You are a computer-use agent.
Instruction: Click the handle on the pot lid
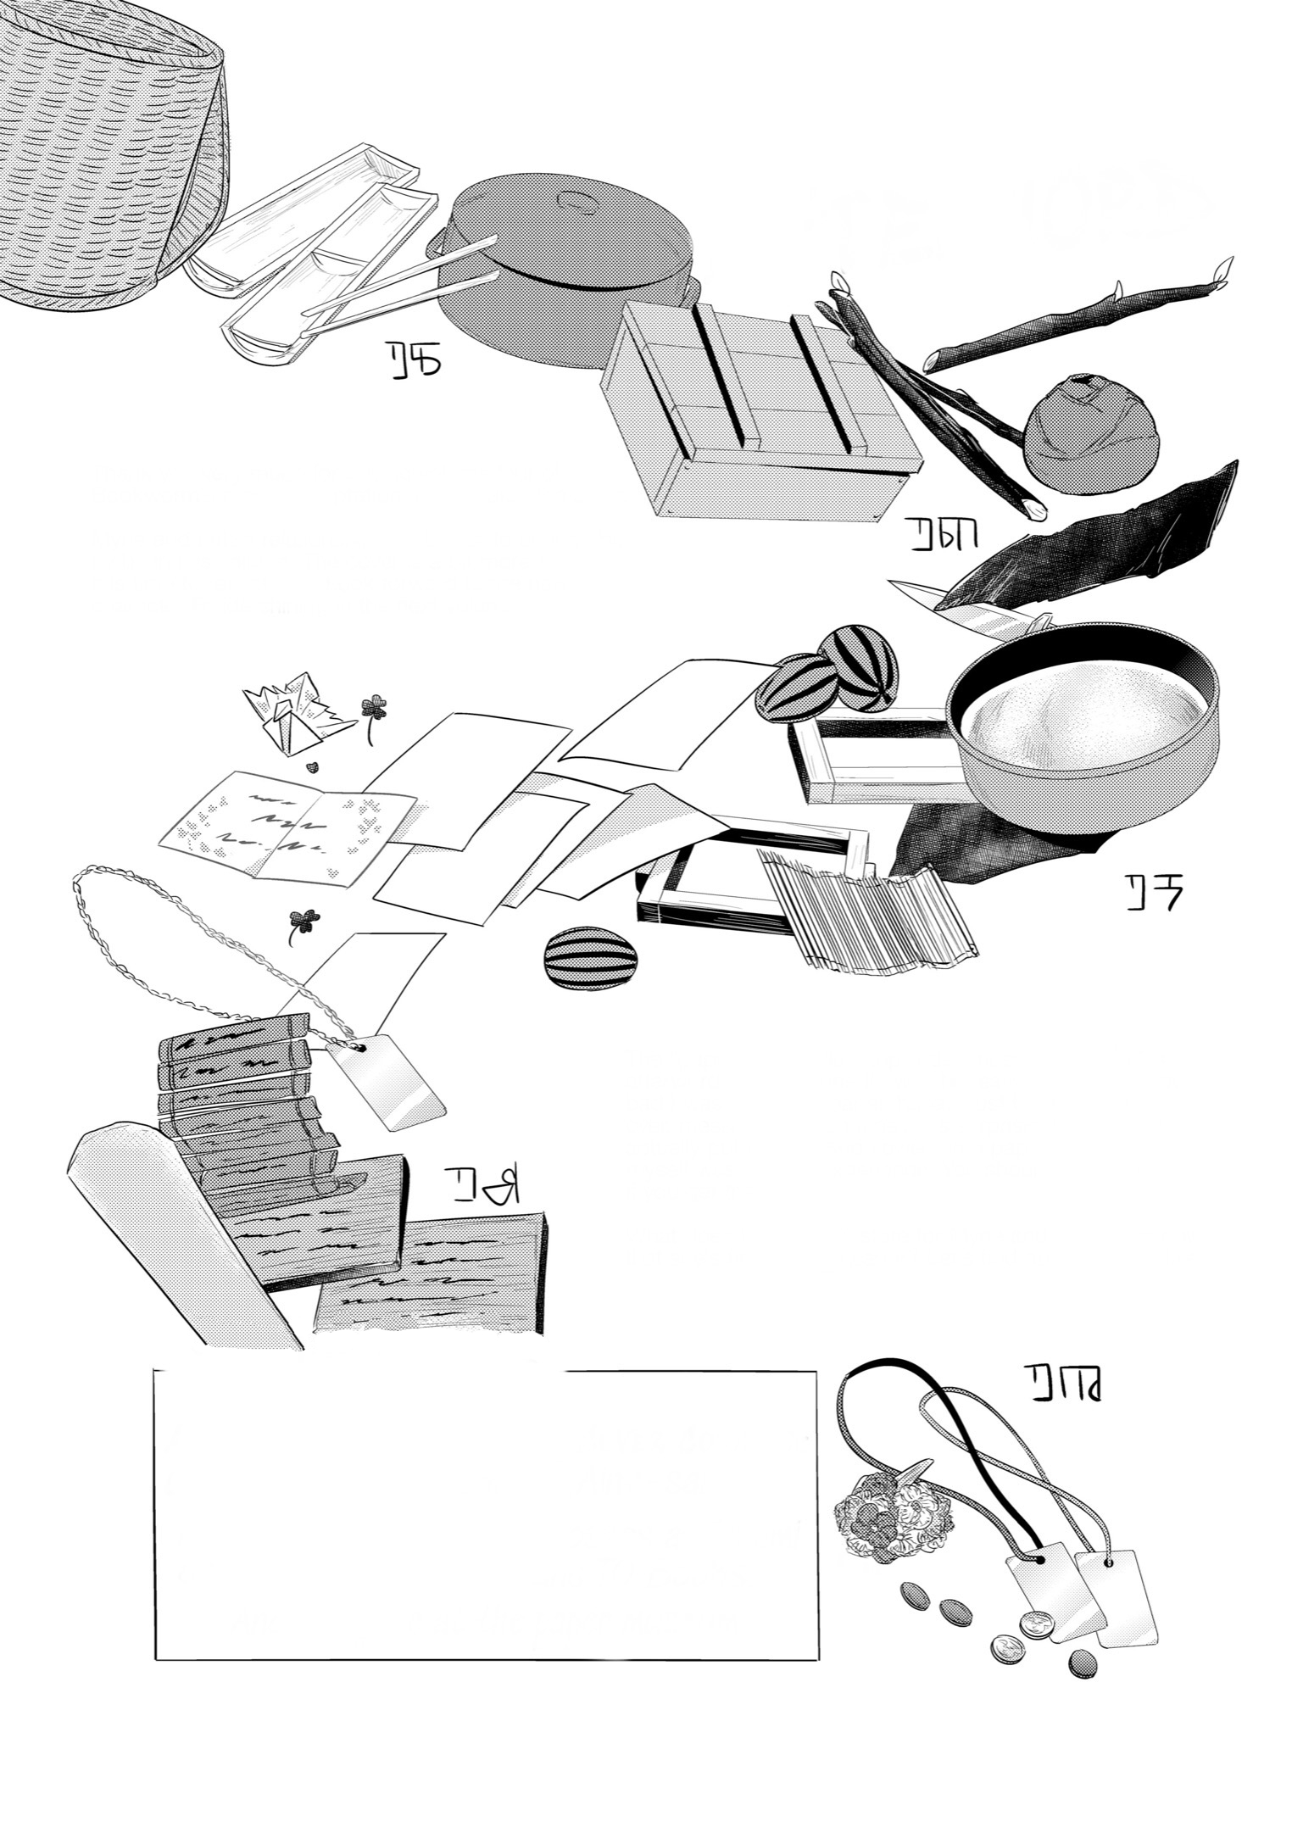(x=580, y=203)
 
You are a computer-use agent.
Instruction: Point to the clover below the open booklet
(x=304, y=921)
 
